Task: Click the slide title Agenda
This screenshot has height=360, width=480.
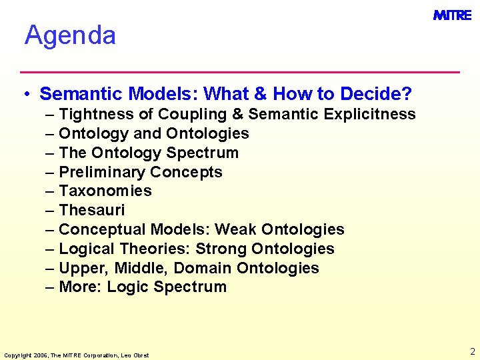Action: coord(70,35)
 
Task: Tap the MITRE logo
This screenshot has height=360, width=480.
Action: coord(452,15)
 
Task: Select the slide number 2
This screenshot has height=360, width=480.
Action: coord(472,351)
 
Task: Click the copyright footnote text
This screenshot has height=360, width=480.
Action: coord(76,355)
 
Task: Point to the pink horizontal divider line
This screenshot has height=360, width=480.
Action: coord(240,71)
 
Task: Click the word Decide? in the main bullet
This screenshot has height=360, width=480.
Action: coord(376,93)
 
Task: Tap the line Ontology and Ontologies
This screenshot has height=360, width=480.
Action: coord(153,133)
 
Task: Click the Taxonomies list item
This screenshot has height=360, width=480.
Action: coord(105,191)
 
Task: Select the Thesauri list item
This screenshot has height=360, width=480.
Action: coord(91,211)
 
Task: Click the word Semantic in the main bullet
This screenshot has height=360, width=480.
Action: coord(82,93)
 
